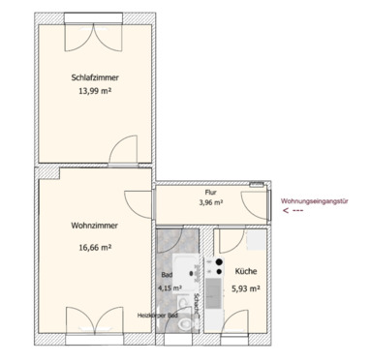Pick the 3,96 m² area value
211,203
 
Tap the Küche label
244,274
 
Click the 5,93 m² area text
244,287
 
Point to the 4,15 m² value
170,287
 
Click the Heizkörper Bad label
157,316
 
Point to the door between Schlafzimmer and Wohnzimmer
122,153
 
